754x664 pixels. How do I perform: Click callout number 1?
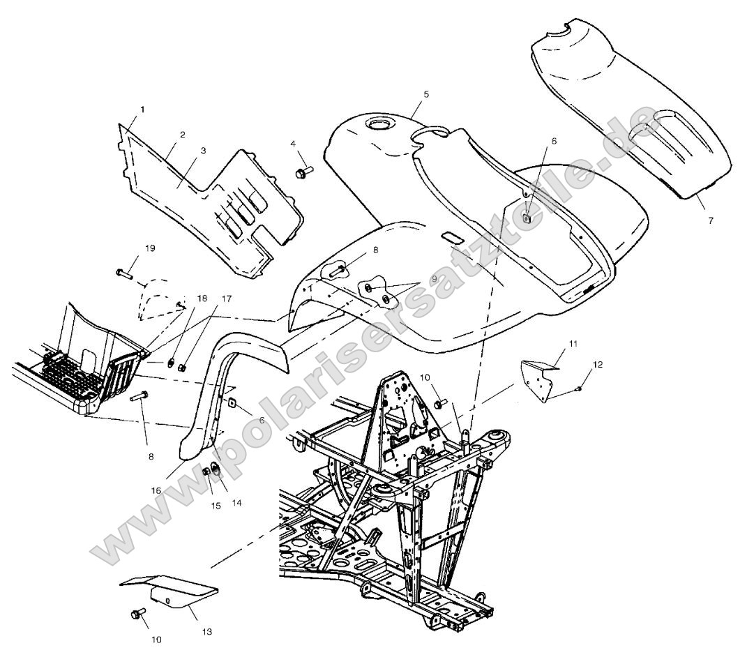click(x=142, y=110)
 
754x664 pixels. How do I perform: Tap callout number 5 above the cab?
click(x=425, y=93)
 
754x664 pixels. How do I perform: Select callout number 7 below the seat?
click(x=711, y=220)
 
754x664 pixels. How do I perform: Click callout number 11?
click(x=573, y=344)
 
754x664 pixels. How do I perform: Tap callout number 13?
click(x=208, y=632)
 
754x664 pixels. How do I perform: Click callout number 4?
click(x=294, y=144)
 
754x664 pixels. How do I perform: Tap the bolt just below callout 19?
click(x=126, y=272)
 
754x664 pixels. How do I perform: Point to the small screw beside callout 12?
click(x=580, y=387)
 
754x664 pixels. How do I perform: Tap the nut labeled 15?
click(x=207, y=472)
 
